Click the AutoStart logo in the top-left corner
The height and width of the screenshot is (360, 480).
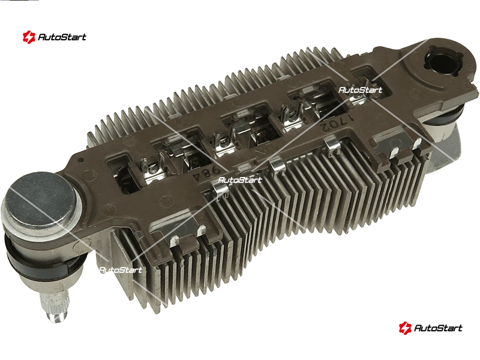(x=54, y=37)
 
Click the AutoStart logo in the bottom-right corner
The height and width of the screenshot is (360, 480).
(x=430, y=328)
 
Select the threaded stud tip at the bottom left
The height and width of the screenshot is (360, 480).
(x=55, y=306)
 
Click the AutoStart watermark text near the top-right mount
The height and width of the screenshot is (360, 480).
(x=361, y=90)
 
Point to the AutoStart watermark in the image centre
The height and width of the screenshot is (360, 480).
(x=240, y=179)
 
